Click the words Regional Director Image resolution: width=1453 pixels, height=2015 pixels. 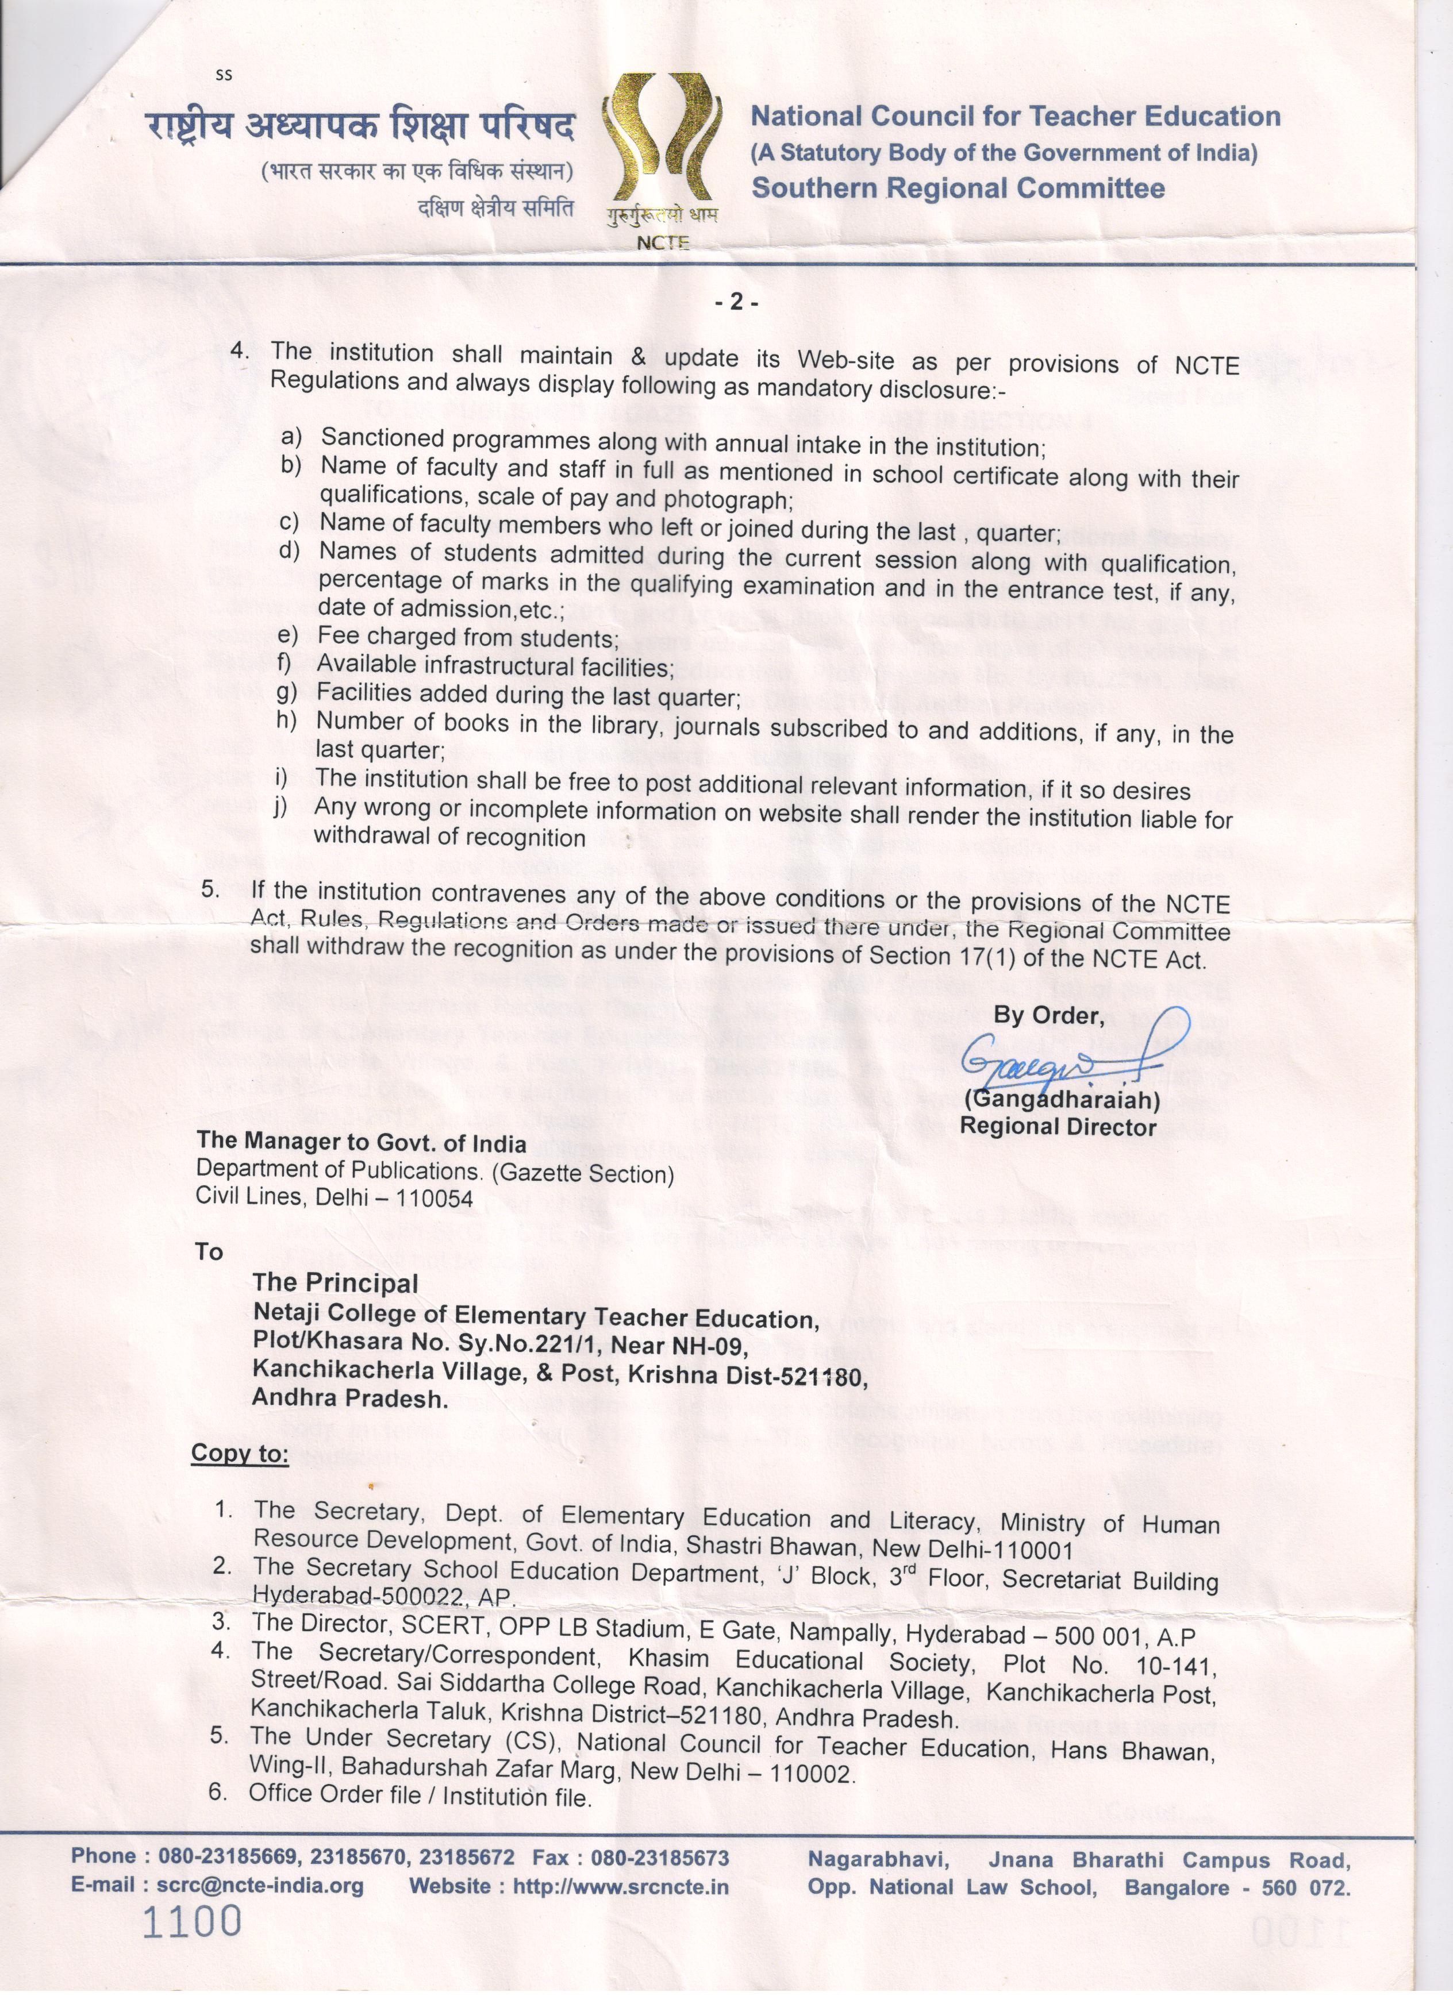tap(1058, 1127)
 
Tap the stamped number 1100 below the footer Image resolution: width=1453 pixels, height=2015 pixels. tap(192, 1922)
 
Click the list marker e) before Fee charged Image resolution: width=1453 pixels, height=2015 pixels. tap(289, 635)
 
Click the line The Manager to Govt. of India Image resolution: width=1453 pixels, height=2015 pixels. tap(361, 1143)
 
